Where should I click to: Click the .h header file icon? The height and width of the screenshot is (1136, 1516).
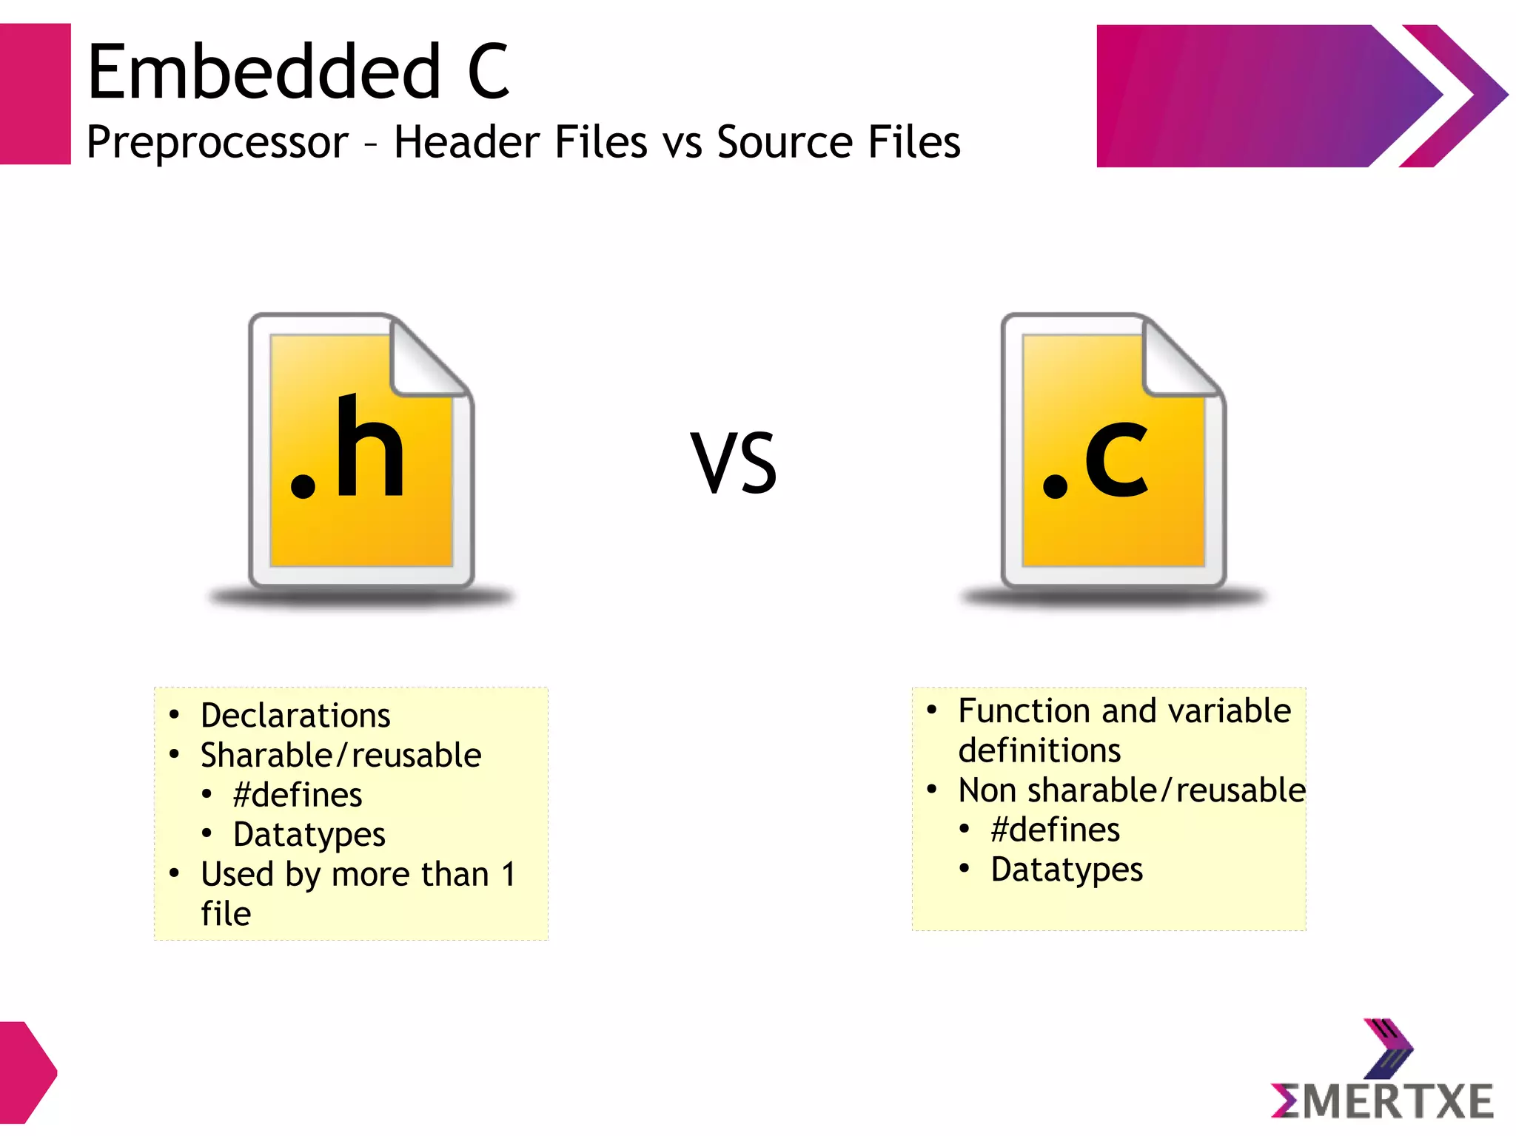(x=361, y=451)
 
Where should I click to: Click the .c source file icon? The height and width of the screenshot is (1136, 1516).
(x=1113, y=451)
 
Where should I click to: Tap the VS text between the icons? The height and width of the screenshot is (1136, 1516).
(x=734, y=463)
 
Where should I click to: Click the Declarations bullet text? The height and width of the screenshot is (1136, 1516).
(x=295, y=716)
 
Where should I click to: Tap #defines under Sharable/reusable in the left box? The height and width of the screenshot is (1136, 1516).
(x=298, y=795)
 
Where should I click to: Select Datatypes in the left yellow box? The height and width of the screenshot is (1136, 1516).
(x=309, y=835)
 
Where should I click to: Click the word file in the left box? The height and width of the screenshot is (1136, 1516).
(x=226, y=914)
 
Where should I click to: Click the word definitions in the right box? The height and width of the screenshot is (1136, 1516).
(x=1039, y=750)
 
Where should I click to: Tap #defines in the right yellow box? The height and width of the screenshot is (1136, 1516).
(x=1056, y=830)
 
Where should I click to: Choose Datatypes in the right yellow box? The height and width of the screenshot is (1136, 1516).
(x=1067, y=870)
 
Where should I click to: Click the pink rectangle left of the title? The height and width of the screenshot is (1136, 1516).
(x=35, y=94)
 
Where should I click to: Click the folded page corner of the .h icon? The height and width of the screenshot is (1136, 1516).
(x=427, y=359)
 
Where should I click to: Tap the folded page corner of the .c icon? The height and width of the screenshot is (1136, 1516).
(x=1179, y=359)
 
